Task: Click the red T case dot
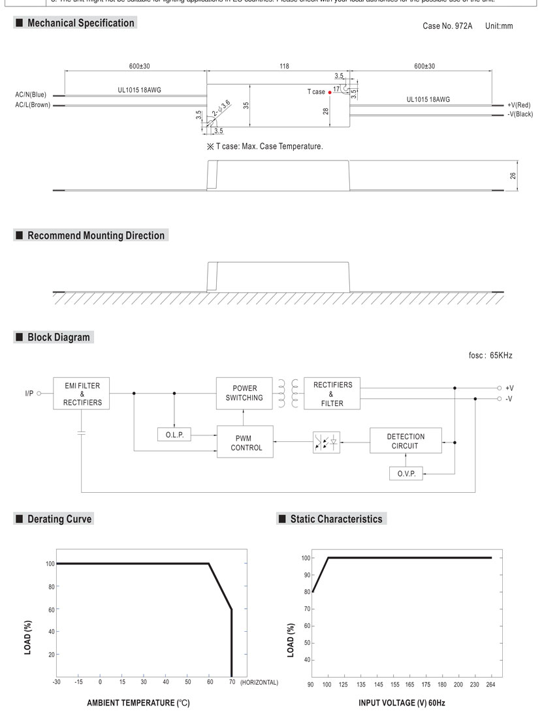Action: click(x=330, y=93)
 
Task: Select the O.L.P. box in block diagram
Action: click(x=174, y=435)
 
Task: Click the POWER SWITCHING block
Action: click(x=244, y=393)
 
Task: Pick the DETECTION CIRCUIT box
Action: click(x=405, y=441)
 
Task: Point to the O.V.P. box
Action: click(x=406, y=474)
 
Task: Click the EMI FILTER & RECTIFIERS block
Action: click(x=82, y=394)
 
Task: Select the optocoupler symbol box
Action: click(x=326, y=442)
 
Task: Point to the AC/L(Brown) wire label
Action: click(x=31, y=104)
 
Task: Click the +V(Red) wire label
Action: click(x=519, y=104)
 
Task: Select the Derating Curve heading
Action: click(x=59, y=519)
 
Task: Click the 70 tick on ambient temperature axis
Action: click(x=232, y=682)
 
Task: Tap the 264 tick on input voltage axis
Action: click(x=490, y=685)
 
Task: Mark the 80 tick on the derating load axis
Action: click(x=50, y=586)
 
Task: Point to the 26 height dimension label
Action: click(x=513, y=176)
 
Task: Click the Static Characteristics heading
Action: click(x=336, y=519)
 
